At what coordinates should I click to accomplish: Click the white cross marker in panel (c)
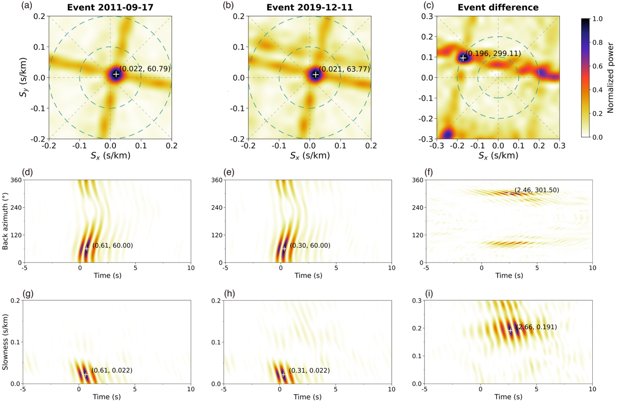pos(462,58)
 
